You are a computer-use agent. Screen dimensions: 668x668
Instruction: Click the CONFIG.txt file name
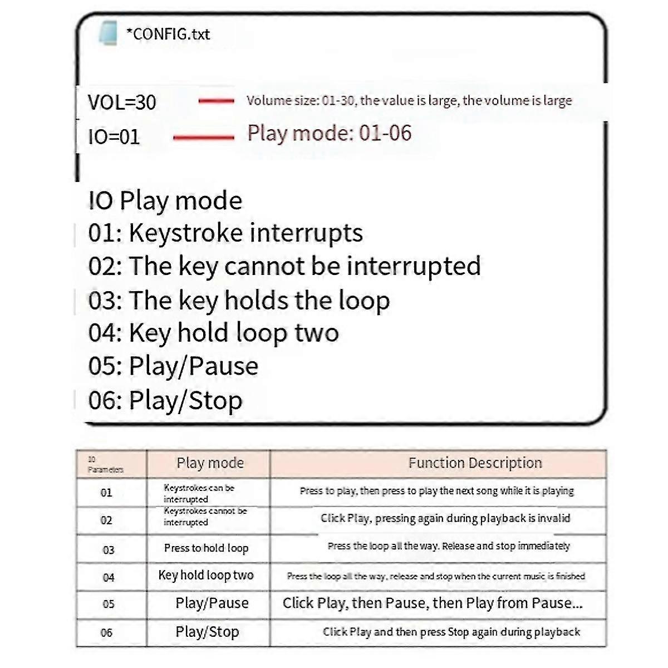click(168, 35)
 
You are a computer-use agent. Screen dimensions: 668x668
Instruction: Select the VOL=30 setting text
click(122, 102)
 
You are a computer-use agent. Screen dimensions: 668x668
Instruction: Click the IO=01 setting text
click(114, 137)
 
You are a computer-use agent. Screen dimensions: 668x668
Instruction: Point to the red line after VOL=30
click(217, 101)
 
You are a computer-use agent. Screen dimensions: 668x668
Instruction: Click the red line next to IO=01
click(204, 137)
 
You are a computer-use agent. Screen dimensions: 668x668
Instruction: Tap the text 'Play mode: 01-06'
click(329, 134)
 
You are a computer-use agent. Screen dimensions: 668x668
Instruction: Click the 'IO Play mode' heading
click(165, 201)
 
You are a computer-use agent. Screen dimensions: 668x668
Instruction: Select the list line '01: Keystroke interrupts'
click(225, 233)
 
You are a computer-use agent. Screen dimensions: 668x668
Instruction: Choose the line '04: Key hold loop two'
click(213, 333)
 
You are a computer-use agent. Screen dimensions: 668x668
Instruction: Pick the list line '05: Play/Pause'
click(173, 366)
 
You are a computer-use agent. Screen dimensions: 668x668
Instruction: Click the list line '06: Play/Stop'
click(165, 401)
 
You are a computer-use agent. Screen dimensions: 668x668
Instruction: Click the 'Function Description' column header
click(475, 463)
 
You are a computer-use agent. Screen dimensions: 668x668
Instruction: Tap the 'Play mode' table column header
click(210, 463)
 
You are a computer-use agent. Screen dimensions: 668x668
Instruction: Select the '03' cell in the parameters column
click(109, 550)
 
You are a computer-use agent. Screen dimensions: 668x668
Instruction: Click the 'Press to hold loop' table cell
click(206, 548)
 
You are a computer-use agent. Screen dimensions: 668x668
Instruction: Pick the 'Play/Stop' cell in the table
click(207, 632)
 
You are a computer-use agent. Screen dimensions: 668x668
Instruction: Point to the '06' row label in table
click(106, 633)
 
